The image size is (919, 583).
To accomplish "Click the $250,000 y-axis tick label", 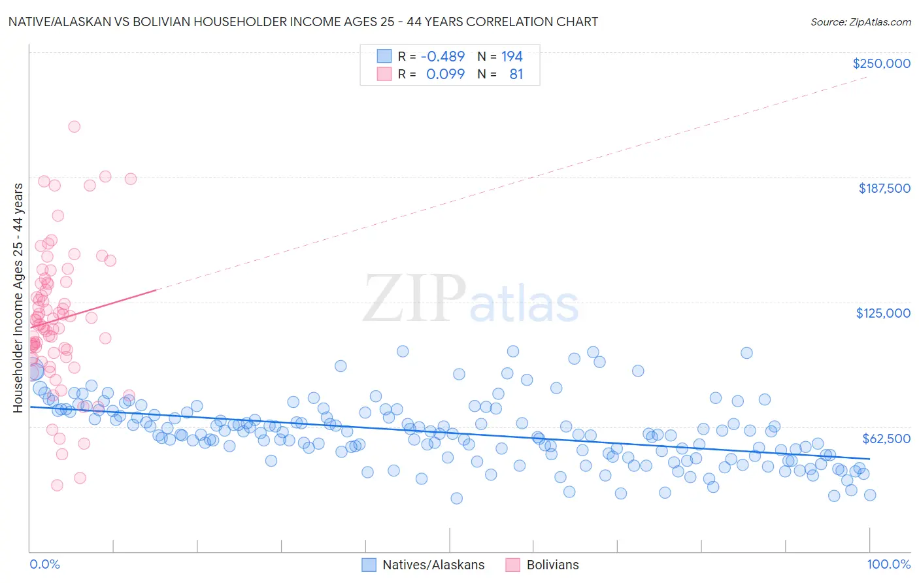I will pyautogui.click(x=881, y=63).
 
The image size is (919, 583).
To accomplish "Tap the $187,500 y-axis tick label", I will pyautogui.click(x=884, y=188).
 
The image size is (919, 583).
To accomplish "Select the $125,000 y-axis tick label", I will pyautogui.click(x=883, y=313).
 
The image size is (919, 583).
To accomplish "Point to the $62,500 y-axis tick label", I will pyautogui.click(x=886, y=439).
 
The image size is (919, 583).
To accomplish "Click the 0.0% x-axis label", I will pyautogui.click(x=44, y=564).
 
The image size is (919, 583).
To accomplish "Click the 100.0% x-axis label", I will pyautogui.click(x=888, y=564).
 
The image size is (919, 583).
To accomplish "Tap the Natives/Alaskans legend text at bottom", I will pyautogui.click(x=433, y=565).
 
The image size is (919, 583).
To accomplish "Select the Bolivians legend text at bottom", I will pyautogui.click(x=552, y=565).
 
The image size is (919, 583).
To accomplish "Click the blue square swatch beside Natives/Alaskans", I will pyautogui.click(x=369, y=565).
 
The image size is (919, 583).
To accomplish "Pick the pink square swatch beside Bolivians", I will pyautogui.click(x=513, y=565).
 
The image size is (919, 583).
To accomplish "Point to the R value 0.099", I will pyautogui.click(x=445, y=74).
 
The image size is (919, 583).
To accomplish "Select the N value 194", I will pyautogui.click(x=512, y=57).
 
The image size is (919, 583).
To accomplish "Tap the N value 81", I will pyautogui.click(x=516, y=74).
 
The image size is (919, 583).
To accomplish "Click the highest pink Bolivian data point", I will pyautogui.click(x=75, y=127).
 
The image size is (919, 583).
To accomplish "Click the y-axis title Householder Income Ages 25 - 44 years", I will pyautogui.click(x=18, y=298).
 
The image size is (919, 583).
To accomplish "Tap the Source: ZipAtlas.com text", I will pyautogui.click(x=860, y=22).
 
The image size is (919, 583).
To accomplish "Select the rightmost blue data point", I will pyautogui.click(x=870, y=495).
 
